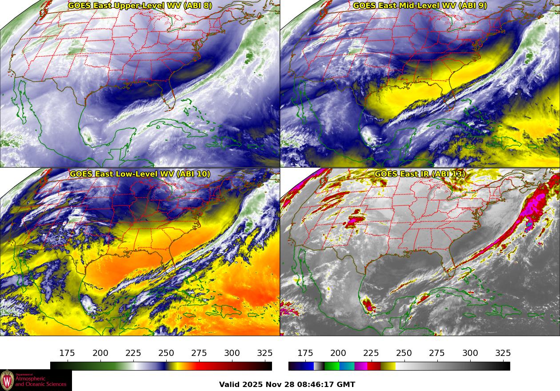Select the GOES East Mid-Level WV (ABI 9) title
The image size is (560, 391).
point(420,6)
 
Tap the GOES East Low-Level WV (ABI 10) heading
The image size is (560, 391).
point(140,174)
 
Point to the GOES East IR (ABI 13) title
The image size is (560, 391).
point(420,174)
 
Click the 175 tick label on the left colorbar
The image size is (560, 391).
point(67,353)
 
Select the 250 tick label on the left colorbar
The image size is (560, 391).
point(166,353)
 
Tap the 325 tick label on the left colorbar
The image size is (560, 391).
point(265,353)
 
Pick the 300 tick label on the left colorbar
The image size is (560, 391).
point(232,353)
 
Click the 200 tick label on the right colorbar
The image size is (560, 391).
point(338,353)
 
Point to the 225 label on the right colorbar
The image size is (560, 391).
point(371,353)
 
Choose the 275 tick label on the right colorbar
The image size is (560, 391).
point(437,353)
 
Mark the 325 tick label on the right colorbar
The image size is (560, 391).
point(503,353)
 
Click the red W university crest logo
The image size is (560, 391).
point(7,380)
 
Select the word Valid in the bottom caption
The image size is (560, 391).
point(230,384)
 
